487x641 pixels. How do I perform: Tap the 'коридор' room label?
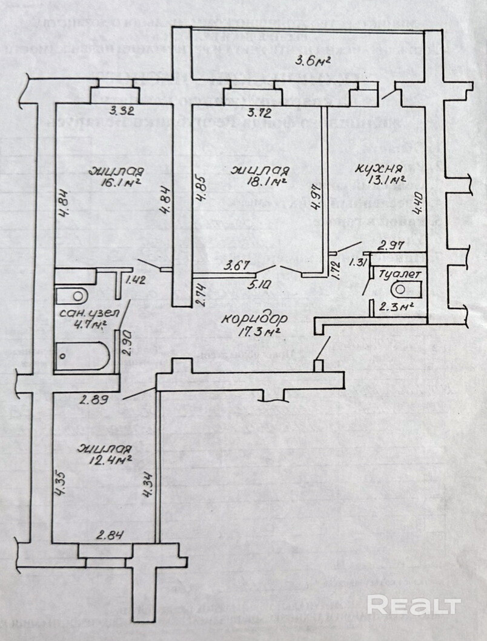[x=251, y=319]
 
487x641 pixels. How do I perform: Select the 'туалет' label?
[x=399, y=274]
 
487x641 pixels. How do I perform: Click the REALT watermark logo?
[x=414, y=605]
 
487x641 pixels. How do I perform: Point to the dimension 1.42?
[x=136, y=280]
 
